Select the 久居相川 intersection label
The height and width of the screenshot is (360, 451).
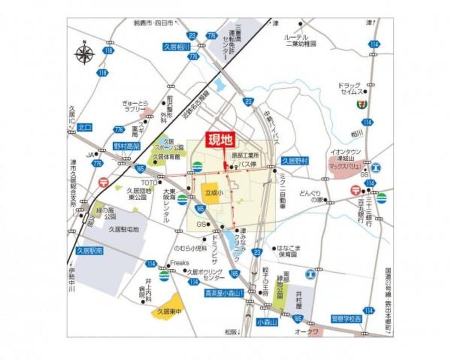point(176,47)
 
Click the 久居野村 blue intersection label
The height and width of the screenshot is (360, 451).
point(295,161)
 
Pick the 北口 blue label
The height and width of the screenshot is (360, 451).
point(85,127)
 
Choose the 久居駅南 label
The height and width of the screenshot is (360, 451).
point(89,250)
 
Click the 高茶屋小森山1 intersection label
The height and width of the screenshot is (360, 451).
point(224,293)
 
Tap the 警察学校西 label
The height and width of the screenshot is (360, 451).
point(346,318)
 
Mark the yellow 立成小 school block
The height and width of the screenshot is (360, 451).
point(213,192)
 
